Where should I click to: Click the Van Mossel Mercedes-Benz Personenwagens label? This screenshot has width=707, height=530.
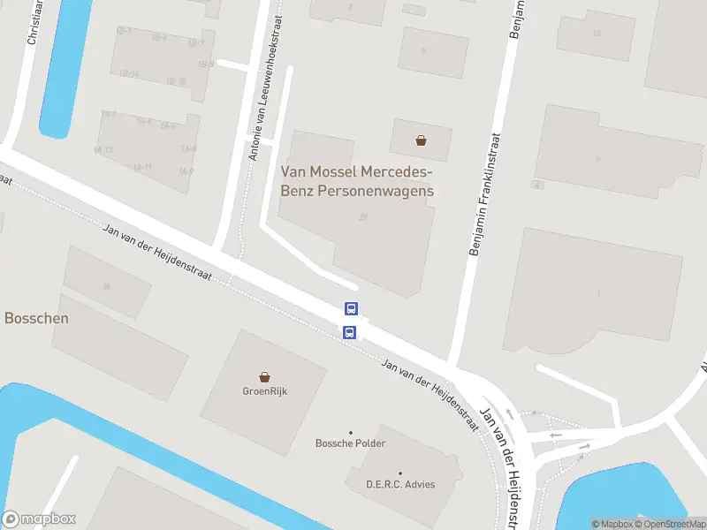357,181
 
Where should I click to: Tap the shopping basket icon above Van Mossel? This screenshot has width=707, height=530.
422,140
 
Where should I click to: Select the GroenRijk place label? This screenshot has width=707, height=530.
266,391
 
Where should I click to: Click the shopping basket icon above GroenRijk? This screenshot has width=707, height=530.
265,377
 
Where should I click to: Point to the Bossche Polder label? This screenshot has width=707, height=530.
351,443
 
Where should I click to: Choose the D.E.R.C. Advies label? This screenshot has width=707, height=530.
400,484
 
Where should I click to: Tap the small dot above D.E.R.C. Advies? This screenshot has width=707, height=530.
400,473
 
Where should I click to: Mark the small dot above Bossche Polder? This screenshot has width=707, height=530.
351,432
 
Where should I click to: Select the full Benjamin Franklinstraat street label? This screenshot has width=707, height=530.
484,194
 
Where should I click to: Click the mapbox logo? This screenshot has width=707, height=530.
39,519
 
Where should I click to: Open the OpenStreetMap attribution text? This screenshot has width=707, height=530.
668,524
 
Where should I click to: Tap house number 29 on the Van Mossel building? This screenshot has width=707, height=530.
363,217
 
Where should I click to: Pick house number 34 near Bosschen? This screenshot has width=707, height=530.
107,286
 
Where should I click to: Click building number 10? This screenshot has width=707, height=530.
597,34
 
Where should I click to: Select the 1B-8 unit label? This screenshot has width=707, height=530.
206,64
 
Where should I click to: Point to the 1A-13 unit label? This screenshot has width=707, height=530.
103,150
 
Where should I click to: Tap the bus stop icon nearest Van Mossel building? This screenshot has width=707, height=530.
351,309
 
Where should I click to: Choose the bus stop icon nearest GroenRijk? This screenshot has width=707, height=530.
349,332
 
